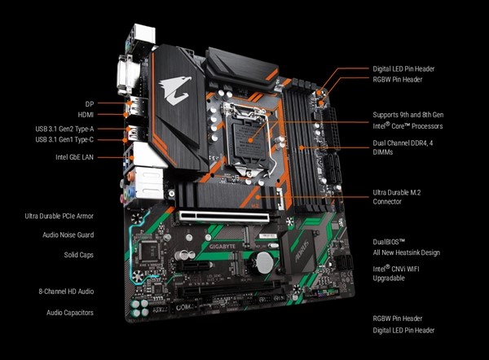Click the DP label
point(90,103)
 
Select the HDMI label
point(86,115)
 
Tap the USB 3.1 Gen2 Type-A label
point(66,127)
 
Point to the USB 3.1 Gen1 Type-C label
point(66,139)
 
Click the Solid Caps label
point(78,254)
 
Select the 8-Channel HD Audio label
point(65,291)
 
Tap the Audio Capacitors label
point(69,312)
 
